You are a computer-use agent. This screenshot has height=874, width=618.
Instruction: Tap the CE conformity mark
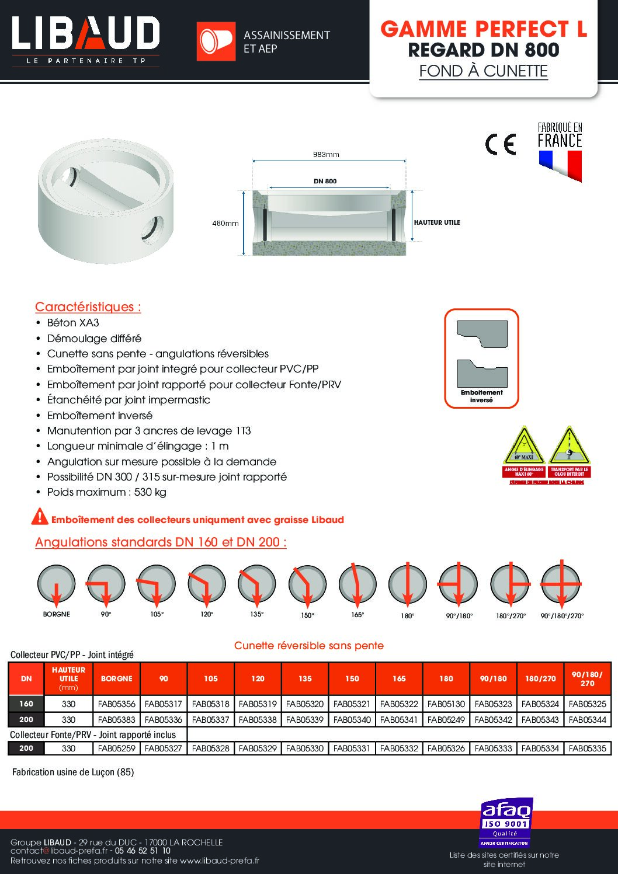(x=501, y=144)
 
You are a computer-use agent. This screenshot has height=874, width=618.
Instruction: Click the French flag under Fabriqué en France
(x=560, y=165)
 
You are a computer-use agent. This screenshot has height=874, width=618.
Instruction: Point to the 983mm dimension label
(x=326, y=155)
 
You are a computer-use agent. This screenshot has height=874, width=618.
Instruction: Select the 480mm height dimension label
(x=225, y=223)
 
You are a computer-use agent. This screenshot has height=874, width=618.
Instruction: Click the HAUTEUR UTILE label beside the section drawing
(x=437, y=222)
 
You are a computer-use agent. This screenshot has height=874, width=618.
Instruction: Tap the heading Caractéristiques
(x=88, y=307)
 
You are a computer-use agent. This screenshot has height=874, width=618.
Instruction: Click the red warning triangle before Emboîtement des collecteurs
(x=40, y=517)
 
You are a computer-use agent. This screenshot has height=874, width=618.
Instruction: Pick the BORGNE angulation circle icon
(x=57, y=584)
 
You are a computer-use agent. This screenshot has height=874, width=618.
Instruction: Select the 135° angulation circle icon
(x=257, y=584)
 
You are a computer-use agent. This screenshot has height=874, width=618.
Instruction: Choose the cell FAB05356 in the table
(x=116, y=704)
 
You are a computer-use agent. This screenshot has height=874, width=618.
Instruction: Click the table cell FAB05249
(x=446, y=720)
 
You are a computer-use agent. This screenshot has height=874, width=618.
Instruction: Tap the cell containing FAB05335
(x=587, y=748)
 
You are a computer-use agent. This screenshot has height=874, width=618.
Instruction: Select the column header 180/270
(x=540, y=678)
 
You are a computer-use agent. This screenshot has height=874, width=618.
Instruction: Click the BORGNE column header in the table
(x=116, y=678)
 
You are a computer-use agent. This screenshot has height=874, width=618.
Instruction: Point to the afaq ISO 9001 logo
(x=506, y=823)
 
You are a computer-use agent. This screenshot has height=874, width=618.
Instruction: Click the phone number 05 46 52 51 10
(x=143, y=851)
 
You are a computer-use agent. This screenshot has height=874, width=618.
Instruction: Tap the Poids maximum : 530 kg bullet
(x=106, y=492)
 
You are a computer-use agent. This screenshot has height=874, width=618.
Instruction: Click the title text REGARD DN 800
(x=483, y=50)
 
